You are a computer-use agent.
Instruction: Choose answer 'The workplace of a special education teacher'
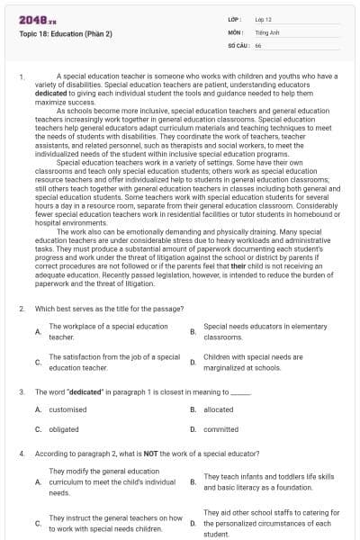click(108, 331)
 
